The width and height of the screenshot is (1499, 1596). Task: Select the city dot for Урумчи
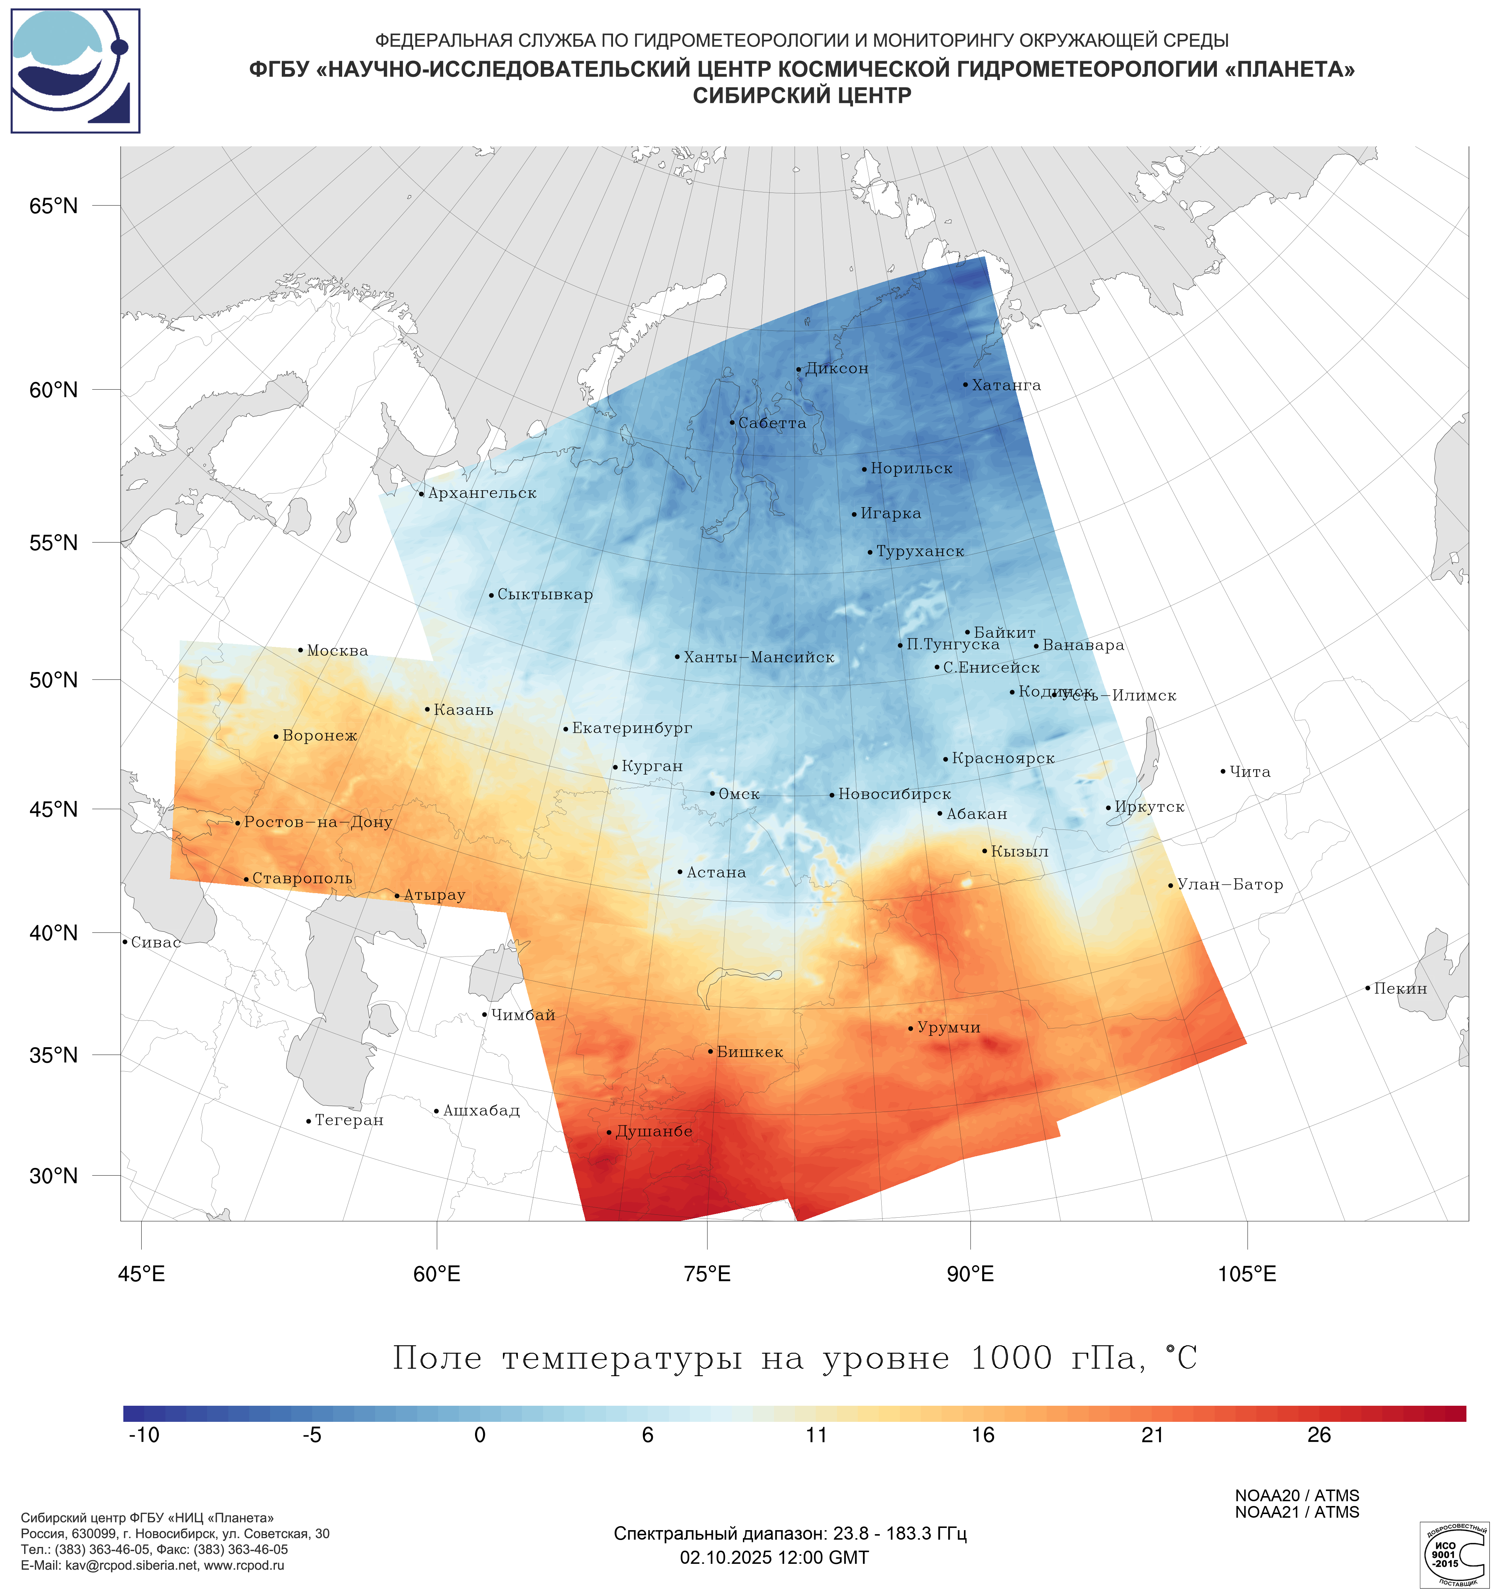point(911,1029)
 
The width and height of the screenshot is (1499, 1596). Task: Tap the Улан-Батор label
point(1230,885)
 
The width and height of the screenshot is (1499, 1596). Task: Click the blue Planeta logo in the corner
point(75,71)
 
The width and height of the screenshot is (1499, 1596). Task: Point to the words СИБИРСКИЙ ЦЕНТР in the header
point(802,95)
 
